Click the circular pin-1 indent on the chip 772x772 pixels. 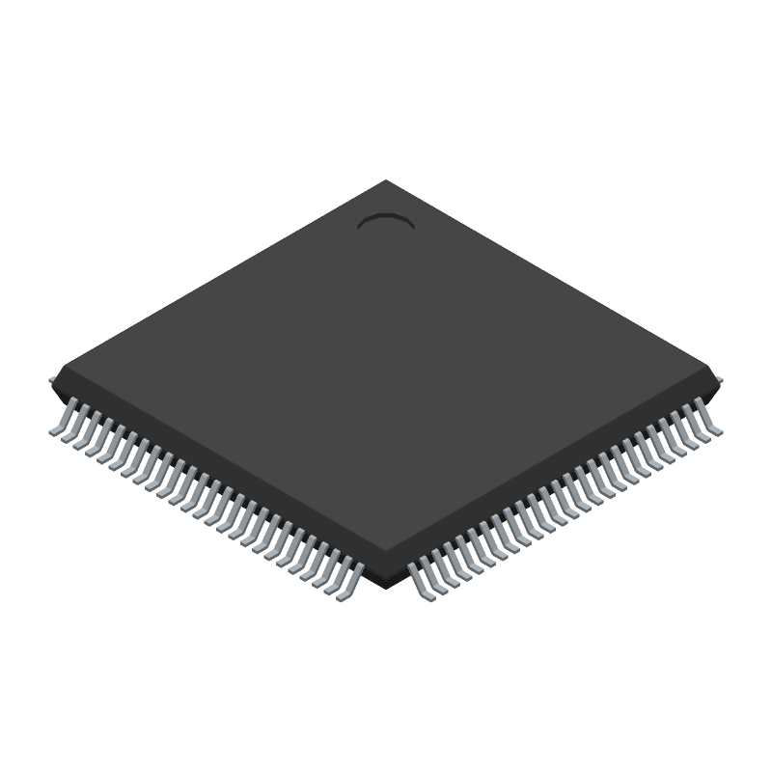pos(386,223)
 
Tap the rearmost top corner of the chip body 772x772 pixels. pos(386,180)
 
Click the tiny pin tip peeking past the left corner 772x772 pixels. pos(52,379)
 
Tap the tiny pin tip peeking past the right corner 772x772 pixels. pos(720,379)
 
